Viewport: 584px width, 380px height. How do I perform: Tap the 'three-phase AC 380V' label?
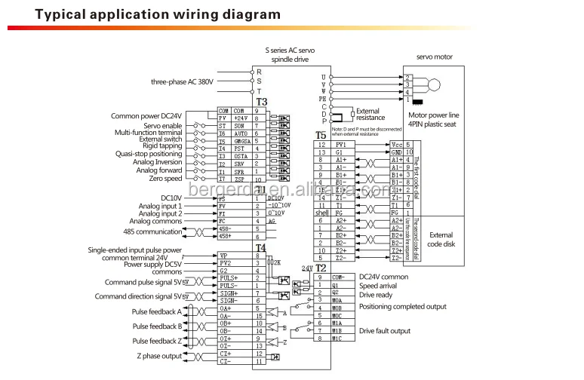[182, 81]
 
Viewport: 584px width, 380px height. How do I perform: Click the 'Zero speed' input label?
[167, 179]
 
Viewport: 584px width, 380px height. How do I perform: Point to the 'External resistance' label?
[370, 114]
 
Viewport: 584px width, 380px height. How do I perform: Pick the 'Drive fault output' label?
[386, 330]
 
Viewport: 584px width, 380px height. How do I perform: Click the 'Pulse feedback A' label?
[157, 311]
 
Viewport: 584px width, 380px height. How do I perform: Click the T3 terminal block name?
[262, 102]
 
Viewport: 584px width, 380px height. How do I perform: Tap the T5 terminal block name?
[321, 135]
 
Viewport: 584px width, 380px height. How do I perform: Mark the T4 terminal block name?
[260, 247]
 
